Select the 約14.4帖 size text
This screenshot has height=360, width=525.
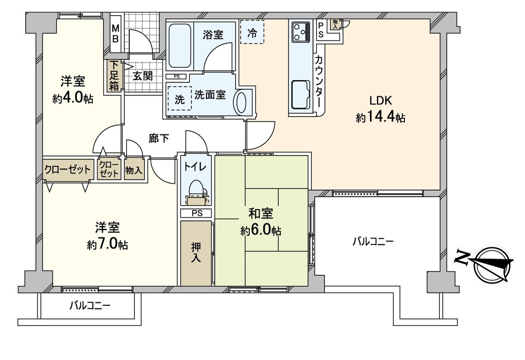(381, 118)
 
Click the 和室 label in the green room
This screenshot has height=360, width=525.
(261, 213)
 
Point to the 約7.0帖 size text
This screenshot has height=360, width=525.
(108, 244)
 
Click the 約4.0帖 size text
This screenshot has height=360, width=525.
(73, 99)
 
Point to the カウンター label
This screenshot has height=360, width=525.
(318, 81)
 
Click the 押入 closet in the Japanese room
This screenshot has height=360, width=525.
(196, 253)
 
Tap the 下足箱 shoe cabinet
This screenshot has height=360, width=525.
(114, 76)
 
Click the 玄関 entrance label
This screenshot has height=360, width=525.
(143, 76)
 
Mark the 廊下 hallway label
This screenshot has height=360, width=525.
(159, 138)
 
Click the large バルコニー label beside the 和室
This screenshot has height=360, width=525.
(373, 241)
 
